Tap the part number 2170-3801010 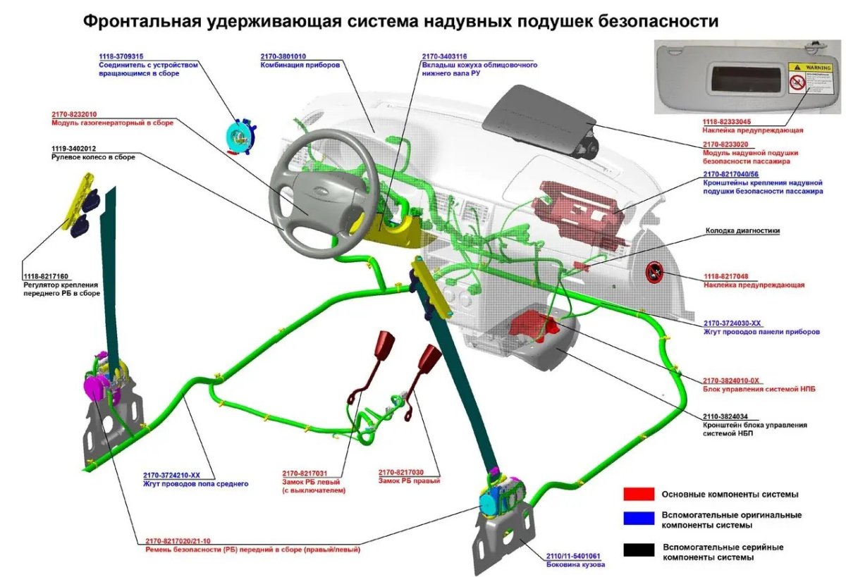tap(285, 56)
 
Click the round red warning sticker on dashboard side tap(656, 272)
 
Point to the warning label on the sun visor tap(797, 77)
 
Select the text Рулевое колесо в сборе tap(93, 157)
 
